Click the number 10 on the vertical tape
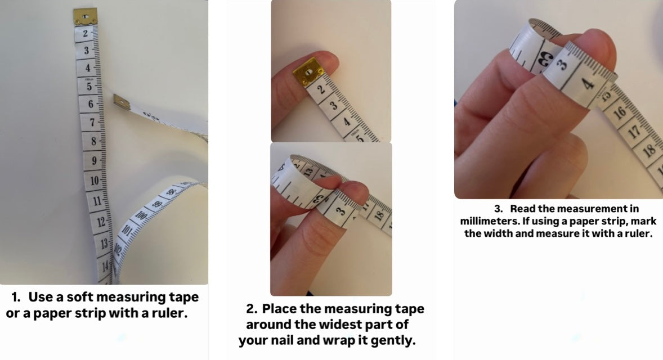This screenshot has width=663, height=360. pos(95,181)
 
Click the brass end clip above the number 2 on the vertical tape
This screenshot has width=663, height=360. pos(86,16)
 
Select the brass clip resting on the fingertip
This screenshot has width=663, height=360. pos(309,73)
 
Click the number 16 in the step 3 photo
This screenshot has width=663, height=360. pos(619,112)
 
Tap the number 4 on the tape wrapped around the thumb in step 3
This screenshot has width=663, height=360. pos(588,83)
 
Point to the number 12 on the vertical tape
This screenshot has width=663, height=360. pos(101,222)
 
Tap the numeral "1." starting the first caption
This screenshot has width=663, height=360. pos(16,297)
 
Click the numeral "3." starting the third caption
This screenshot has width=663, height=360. pos(499,209)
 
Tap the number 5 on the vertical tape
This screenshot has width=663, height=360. pos(89,87)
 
